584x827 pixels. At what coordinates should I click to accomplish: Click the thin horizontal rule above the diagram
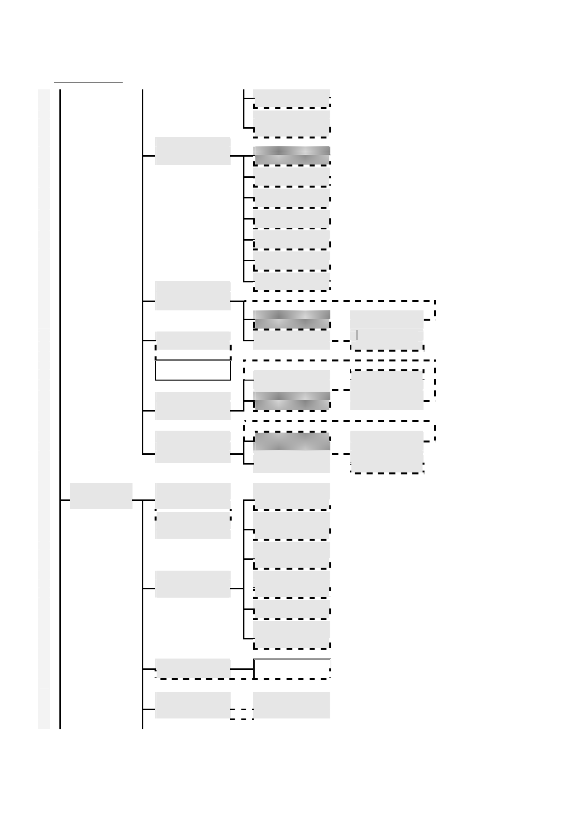88,83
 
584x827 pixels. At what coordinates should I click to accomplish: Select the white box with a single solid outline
193,370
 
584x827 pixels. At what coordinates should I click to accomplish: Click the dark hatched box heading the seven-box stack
292,155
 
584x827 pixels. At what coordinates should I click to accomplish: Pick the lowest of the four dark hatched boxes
292,441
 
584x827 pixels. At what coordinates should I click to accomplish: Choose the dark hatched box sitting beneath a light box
292,401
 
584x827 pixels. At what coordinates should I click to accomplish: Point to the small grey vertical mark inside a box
357,334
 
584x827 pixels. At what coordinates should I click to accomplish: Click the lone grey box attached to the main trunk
101,496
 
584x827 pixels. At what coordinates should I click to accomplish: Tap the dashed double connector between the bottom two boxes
242,714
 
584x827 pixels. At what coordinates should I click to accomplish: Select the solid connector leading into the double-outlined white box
242,669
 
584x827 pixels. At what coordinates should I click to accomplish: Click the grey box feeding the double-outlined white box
193,668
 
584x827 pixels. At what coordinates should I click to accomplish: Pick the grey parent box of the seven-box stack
193,151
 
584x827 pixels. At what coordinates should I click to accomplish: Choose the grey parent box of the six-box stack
193,584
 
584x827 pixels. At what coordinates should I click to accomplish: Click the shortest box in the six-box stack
292,609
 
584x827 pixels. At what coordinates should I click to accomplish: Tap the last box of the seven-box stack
292,281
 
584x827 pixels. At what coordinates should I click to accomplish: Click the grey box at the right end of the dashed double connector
292,705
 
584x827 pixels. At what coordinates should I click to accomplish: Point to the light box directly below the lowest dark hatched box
292,462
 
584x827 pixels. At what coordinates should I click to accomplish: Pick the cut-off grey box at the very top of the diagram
292,97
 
